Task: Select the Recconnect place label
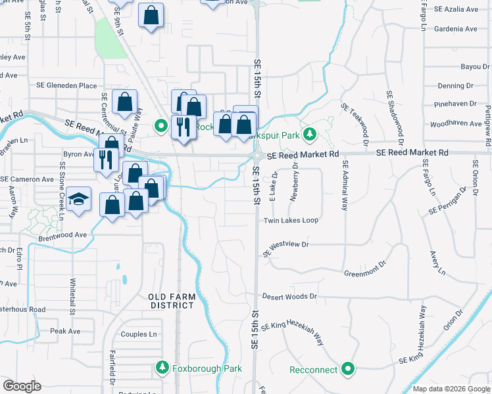click(314, 370)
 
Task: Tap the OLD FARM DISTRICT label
click(171, 301)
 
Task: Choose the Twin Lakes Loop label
click(291, 221)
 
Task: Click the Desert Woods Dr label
click(289, 297)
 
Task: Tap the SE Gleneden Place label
click(66, 85)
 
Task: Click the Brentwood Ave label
click(62, 234)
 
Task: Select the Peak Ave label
click(64, 331)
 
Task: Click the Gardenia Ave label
click(470, 29)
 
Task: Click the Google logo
click(22, 386)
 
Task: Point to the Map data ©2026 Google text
click(451, 389)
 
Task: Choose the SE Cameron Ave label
click(27, 179)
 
